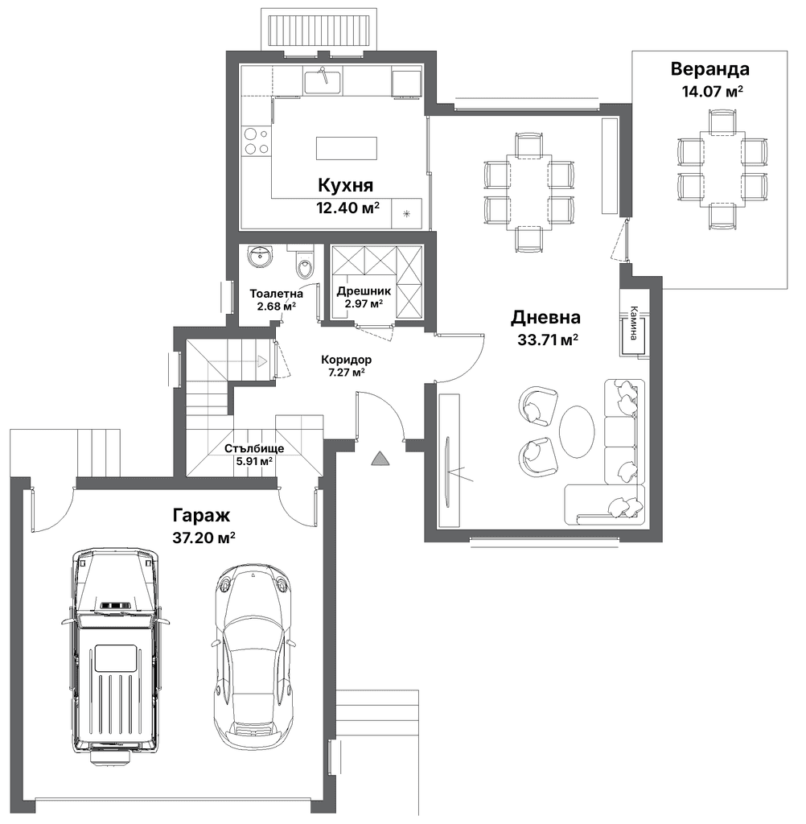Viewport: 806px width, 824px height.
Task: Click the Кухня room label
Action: (345, 185)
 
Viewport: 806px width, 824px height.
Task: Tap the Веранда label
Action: (709, 69)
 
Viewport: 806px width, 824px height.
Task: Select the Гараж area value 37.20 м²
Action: (204, 538)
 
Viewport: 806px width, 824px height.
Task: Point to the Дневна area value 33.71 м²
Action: (548, 340)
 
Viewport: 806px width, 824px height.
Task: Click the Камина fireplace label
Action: (635, 323)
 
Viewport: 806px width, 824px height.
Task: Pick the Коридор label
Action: (346, 360)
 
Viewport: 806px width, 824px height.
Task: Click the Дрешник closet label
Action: (364, 291)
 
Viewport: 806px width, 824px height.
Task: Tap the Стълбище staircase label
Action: (254, 449)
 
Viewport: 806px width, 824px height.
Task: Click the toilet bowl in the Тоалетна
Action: (305, 263)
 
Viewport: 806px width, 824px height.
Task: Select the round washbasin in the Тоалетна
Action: (259, 257)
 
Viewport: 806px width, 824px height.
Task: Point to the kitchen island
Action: (347, 148)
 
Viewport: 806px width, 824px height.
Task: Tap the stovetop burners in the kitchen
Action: (257, 142)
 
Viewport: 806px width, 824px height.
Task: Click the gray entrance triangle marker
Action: (380, 459)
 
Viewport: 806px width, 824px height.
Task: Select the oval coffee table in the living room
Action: (577, 433)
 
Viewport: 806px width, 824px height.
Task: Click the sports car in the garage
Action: (253, 650)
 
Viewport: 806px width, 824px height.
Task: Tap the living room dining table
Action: (528, 192)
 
